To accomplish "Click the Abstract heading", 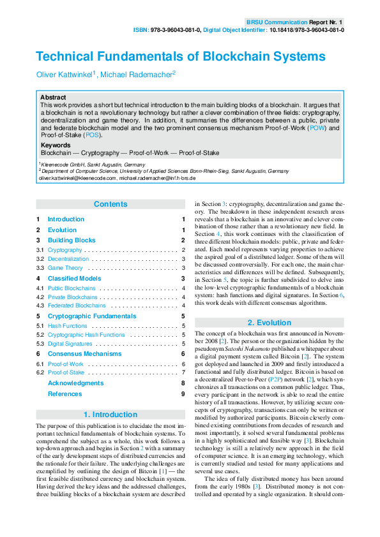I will click(53, 97).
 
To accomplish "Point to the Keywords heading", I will click(56, 145).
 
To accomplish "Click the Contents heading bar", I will click(110, 204).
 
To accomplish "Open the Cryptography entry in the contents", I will click(65, 250).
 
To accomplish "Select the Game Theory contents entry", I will click(66, 268).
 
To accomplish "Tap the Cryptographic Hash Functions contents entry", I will click(86, 334).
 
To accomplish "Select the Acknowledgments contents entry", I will click(75, 383).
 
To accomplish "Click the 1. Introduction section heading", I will click(110, 415).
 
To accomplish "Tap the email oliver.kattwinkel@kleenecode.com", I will click(77, 179).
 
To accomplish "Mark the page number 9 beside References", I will click(183, 394).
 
